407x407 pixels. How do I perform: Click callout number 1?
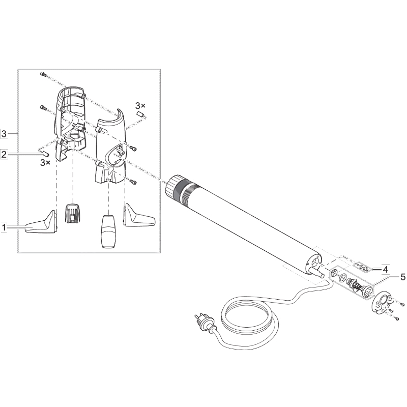pyautogui.click(x=4, y=227)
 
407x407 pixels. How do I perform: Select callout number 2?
pyautogui.click(x=4, y=154)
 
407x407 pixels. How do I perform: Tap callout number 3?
pyautogui.click(x=4, y=134)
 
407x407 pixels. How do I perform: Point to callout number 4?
pyautogui.click(x=385, y=270)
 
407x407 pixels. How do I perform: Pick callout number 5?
pyautogui.click(x=402, y=277)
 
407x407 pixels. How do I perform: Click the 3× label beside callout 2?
pyautogui.click(x=45, y=163)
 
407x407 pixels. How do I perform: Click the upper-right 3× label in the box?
pyautogui.click(x=140, y=106)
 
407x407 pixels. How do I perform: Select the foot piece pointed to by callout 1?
pyautogui.click(x=42, y=223)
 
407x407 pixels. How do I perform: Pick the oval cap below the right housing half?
pyautogui.click(x=108, y=231)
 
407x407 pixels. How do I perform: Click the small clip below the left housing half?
pyautogui.click(x=72, y=213)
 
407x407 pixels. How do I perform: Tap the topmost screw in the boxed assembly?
pyautogui.click(x=43, y=74)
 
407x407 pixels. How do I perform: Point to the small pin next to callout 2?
pyautogui.click(x=46, y=154)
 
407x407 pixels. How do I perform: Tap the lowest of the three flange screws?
pyautogui.click(x=396, y=318)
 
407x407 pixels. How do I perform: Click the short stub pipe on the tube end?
pyautogui.click(x=317, y=273)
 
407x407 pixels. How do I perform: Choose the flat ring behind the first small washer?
pyautogui.click(x=343, y=278)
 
